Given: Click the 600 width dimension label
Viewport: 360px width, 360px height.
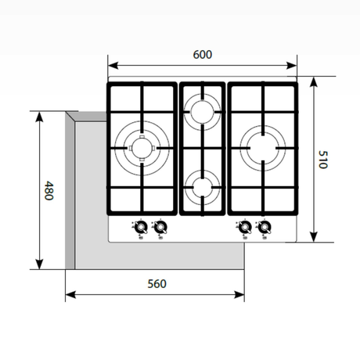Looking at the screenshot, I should (x=202, y=54).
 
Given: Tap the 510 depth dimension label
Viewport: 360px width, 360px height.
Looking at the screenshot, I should (x=322, y=160).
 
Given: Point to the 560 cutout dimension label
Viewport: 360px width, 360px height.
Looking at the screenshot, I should (x=157, y=283).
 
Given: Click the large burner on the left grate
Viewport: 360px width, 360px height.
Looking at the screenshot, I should (x=141, y=146).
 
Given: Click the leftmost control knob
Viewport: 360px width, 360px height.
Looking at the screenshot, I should (x=140, y=228).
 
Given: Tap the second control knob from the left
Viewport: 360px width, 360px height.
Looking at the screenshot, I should (x=160, y=228).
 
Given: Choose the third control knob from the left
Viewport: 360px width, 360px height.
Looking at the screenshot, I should (x=245, y=228).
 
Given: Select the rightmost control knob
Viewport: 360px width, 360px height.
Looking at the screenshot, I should (x=265, y=228).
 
